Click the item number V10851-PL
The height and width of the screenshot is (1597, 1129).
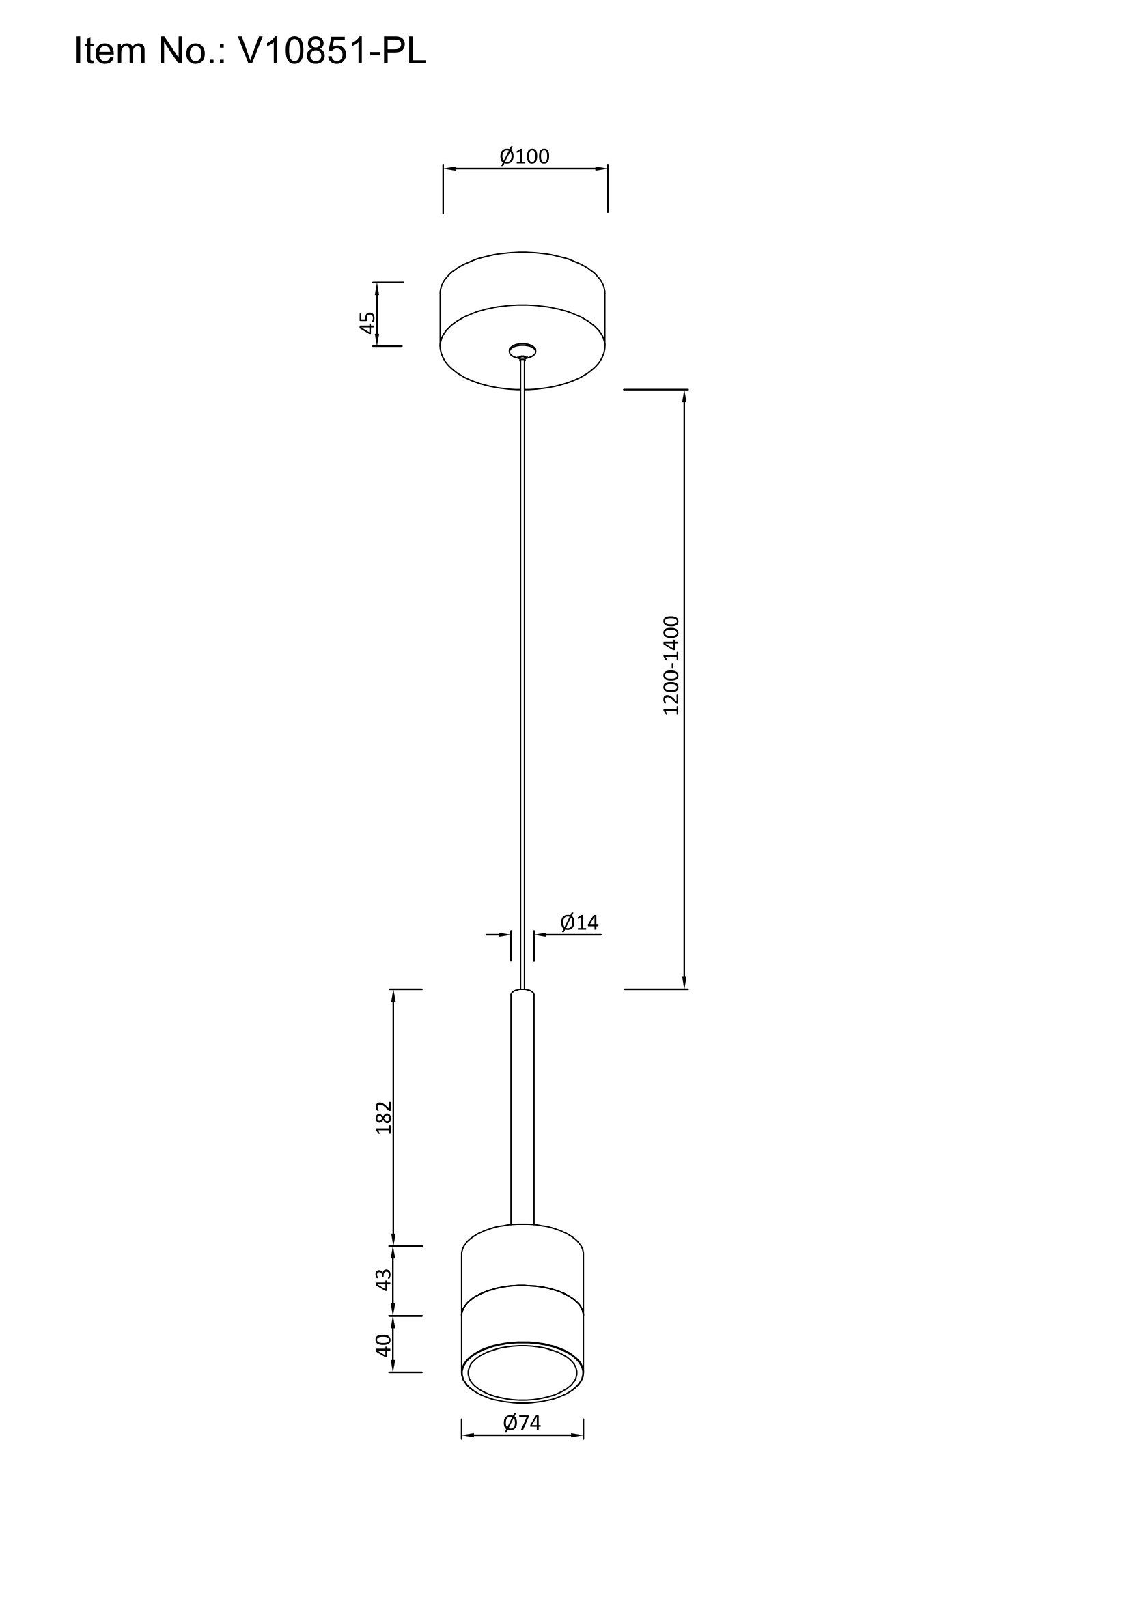point(333,51)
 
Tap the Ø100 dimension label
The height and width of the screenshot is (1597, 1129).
point(525,156)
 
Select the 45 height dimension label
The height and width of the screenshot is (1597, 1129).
point(367,322)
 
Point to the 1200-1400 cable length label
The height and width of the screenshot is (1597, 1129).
point(671,665)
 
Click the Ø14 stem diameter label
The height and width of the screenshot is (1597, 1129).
point(579,922)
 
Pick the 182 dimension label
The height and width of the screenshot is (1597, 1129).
point(384,1117)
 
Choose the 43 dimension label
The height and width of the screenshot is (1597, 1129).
point(384,1280)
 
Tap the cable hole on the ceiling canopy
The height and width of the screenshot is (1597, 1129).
point(522,350)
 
